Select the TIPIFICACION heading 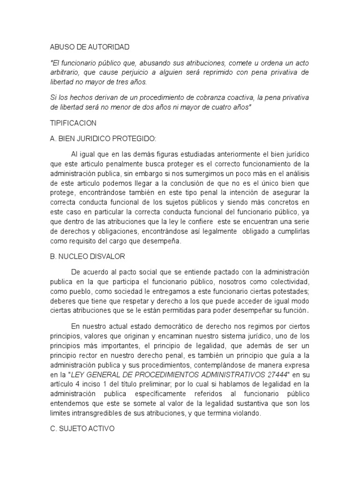(x=73, y=123)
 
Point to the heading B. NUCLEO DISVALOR (x=87, y=256)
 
